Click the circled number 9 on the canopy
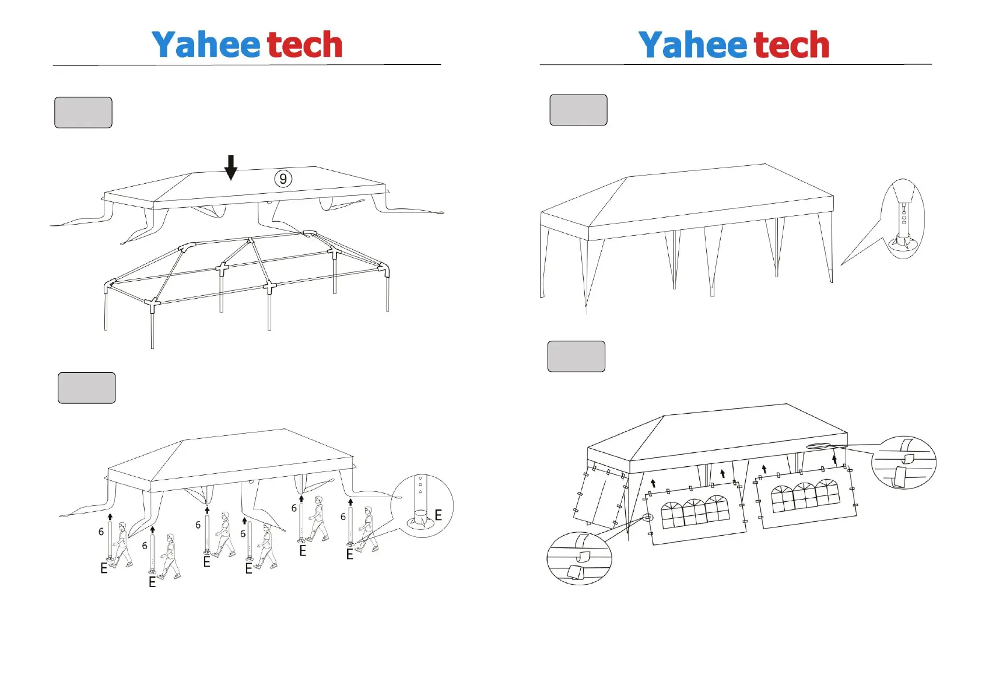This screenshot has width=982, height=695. click(283, 179)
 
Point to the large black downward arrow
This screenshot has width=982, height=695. click(231, 167)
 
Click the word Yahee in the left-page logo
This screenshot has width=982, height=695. click(205, 45)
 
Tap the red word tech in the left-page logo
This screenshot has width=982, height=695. click(304, 45)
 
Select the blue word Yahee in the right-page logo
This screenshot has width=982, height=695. click(692, 45)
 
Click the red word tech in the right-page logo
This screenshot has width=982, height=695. click(791, 45)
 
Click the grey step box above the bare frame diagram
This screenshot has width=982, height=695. click(83, 113)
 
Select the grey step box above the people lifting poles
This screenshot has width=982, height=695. click(87, 388)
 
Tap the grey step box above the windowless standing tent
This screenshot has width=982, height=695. click(578, 110)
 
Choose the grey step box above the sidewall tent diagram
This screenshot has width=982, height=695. click(576, 357)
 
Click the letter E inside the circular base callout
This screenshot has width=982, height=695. click(438, 515)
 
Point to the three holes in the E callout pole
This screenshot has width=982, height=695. click(420, 484)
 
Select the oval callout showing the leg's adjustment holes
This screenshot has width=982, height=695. click(903, 218)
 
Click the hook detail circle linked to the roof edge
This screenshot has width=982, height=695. click(903, 462)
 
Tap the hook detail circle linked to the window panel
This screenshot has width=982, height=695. click(579, 558)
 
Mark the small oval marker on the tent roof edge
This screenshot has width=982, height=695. click(817, 447)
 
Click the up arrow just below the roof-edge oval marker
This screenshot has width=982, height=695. click(834, 459)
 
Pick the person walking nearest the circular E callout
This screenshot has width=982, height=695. click(367, 528)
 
